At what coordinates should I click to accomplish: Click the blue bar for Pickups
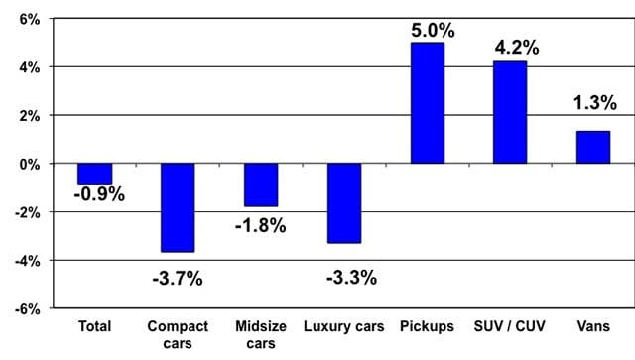click(x=428, y=103)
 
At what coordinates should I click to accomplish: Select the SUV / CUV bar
click(x=510, y=113)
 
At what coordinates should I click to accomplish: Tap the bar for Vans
click(x=593, y=148)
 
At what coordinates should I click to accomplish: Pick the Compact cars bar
click(x=178, y=207)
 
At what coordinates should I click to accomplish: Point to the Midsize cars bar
click(x=261, y=185)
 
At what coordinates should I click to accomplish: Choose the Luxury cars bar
click(x=344, y=203)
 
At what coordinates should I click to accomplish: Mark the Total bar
click(x=95, y=175)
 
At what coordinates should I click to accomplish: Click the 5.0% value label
click(x=433, y=31)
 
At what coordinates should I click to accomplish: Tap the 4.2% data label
click(x=517, y=48)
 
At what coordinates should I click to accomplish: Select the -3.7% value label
click(x=178, y=279)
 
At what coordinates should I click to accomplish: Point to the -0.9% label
click(x=99, y=194)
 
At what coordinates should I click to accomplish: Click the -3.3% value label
click(x=351, y=278)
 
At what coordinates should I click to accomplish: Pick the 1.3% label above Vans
click(x=595, y=102)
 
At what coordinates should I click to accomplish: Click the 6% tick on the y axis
click(x=30, y=19)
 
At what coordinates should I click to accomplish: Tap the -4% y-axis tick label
click(x=28, y=261)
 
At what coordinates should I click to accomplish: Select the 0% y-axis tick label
click(x=30, y=165)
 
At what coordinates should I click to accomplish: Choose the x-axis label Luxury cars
click(x=344, y=326)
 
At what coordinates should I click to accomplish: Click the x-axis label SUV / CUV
click(x=510, y=326)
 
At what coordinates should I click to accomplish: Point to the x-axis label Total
click(x=95, y=326)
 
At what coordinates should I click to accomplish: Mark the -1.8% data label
click(x=260, y=225)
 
